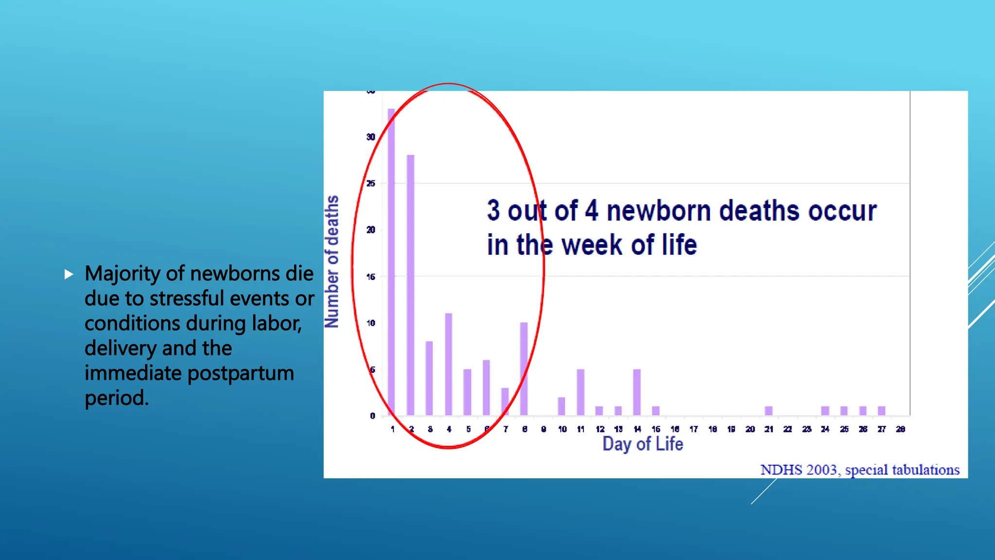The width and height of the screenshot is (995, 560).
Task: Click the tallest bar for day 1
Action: tap(391, 262)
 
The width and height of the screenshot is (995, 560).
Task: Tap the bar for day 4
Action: tap(448, 365)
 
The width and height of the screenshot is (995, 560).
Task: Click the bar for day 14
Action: tap(637, 392)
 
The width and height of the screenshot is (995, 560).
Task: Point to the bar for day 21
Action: tap(769, 411)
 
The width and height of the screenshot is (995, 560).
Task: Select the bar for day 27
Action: tap(881, 411)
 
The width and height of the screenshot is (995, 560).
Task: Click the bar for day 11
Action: tap(581, 392)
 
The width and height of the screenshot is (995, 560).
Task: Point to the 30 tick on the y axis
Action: tap(371, 137)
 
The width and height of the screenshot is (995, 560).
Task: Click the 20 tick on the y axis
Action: tap(371, 230)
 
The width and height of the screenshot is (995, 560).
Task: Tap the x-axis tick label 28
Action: tap(900, 429)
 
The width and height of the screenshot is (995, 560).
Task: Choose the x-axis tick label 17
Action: tap(693, 429)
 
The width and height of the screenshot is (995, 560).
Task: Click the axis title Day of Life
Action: tap(642, 444)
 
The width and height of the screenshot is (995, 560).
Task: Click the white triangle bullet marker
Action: tap(69, 274)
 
